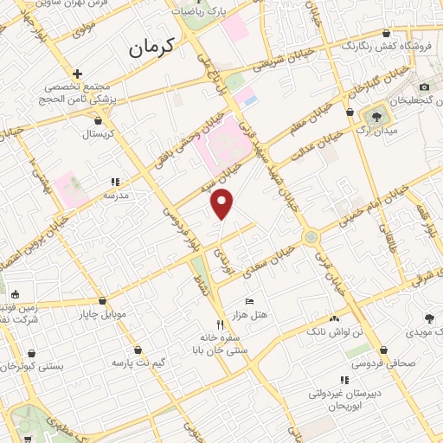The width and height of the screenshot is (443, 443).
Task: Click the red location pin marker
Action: [x=223, y=203]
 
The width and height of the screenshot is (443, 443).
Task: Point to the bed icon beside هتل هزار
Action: [x=250, y=301]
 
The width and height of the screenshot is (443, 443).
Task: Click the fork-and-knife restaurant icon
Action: [x=220, y=324]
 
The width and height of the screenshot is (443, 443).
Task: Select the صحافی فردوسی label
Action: [x=395, y=363]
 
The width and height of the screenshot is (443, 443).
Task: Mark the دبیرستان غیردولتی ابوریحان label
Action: [x=344, y=399]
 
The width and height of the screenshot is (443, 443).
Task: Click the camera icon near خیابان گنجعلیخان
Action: [x=424, y=87]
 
